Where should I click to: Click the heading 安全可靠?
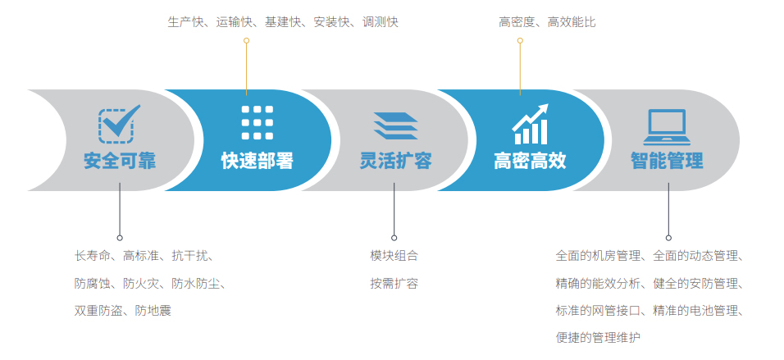coord(120,161)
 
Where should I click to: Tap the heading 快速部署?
coord(257,161)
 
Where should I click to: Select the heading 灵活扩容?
coord(395,161)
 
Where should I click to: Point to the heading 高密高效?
coord(530,161)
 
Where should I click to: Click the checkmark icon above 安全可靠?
coord(119,124)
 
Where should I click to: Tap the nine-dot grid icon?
coord(257,122)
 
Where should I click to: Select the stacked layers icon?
coord(395,125)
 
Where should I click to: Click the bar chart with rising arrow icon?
coord(530,124)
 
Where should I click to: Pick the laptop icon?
coord(667,127)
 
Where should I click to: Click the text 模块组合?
coord(394,256)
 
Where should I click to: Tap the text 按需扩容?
coord(394,284)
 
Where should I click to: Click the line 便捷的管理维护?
coord(598,338)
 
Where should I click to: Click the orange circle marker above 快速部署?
coord(246,40)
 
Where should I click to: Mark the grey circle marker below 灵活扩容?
coord(394,238)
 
